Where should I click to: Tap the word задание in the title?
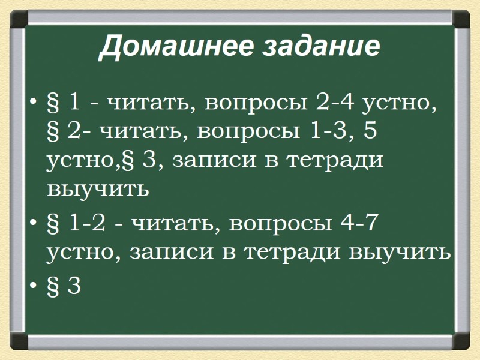(322, 47)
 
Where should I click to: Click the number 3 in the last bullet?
(74, 286)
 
